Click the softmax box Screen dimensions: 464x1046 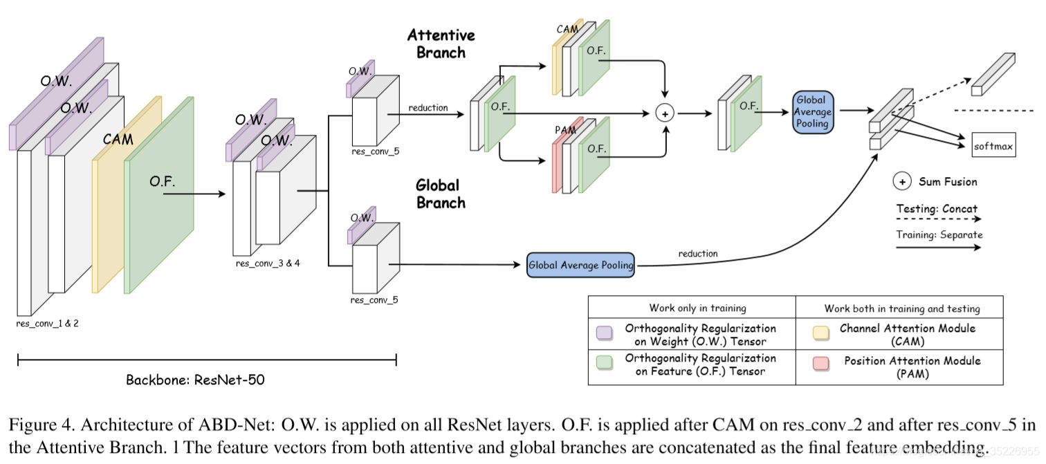[x=994, y=146]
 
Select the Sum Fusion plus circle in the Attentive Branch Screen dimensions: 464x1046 [x=665, y=113]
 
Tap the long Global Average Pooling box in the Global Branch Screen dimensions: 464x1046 [x=580, y=265]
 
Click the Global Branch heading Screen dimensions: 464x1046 [x=440, y=194]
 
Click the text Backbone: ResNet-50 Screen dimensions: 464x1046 [x=195, y=380]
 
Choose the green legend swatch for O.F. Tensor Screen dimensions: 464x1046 [x=604, y=364]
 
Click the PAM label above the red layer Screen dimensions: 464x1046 [x=565, y=130]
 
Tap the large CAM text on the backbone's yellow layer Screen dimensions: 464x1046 [x=118, y=139]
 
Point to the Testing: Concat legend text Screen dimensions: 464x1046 [x=937, y=209]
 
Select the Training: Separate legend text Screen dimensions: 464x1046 [x=939, y=234]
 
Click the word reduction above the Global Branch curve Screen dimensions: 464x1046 [x=697, y=254]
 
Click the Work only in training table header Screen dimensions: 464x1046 [x=692, y=308]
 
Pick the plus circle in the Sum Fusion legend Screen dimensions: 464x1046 [x=902, y=182]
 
